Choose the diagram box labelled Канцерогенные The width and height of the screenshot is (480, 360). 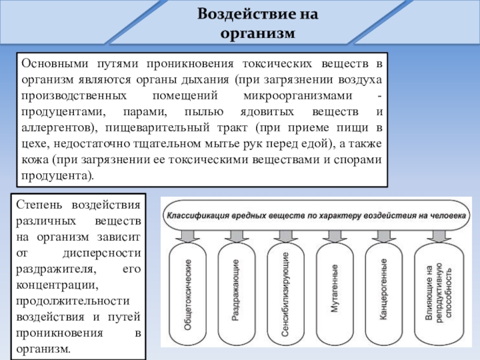[x=382, y=294]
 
